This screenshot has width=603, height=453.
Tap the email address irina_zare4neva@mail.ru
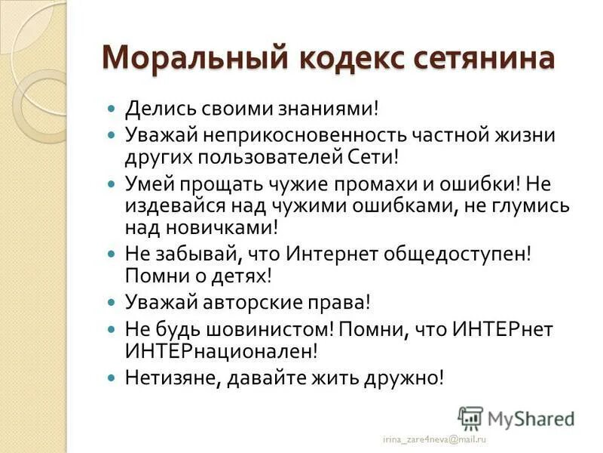[x=434, y=438]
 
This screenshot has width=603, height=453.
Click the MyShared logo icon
[x=470, y=417]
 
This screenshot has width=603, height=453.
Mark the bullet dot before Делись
[x=112, y=109]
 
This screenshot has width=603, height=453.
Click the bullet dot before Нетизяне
[x=112, y=377]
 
